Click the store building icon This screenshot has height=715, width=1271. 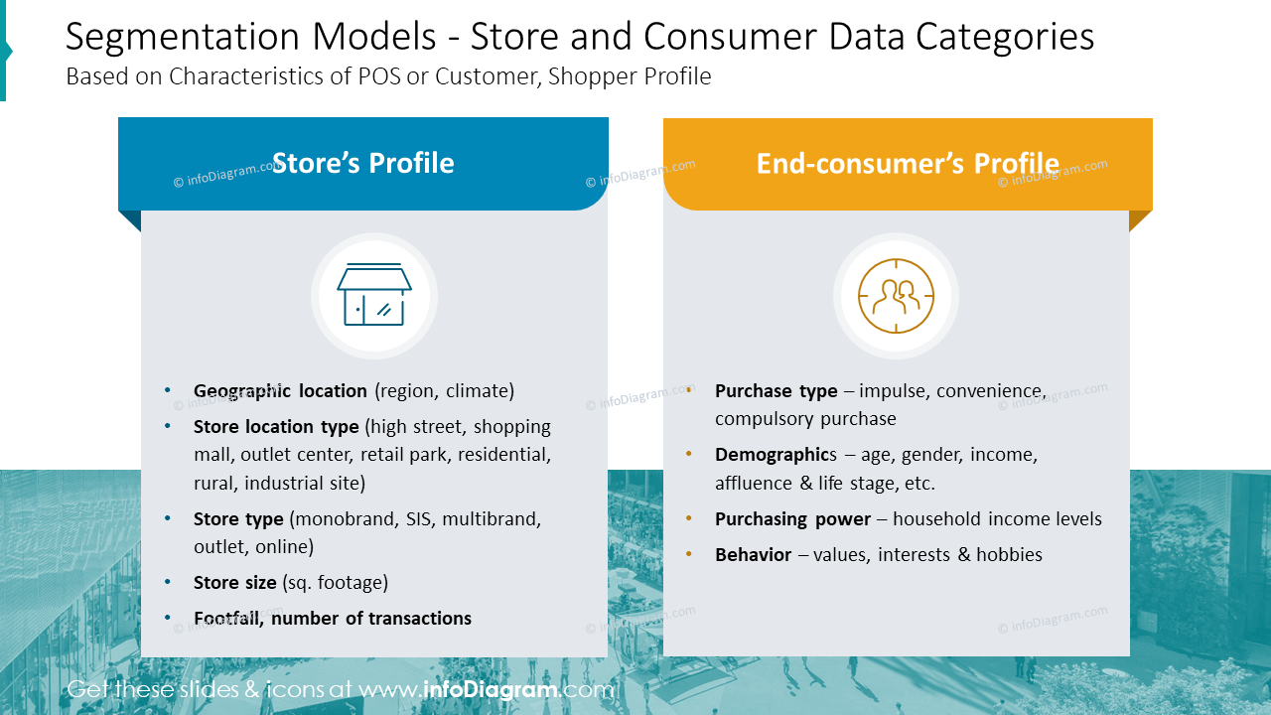[373, 296]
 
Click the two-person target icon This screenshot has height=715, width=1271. [896, 296]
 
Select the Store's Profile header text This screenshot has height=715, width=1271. [362, 164]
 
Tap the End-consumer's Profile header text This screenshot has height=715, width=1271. [907, 164]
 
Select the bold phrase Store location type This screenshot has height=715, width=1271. [276, 427]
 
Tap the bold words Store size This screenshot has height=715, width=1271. [235, 583]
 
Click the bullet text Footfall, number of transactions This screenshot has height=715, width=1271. [333, 619]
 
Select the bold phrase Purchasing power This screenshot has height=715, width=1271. [792, 519]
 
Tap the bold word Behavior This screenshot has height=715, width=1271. [753, 555]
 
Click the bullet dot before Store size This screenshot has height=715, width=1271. [167, 582]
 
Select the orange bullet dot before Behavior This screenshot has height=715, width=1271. [689, 554]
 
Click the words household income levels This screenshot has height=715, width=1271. [997, 519]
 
